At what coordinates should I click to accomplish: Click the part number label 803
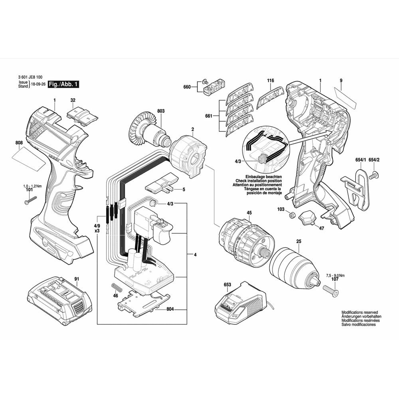click(161, 111)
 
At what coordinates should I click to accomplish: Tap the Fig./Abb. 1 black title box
click(63, 85)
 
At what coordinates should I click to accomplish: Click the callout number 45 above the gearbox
click(249, 213)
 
